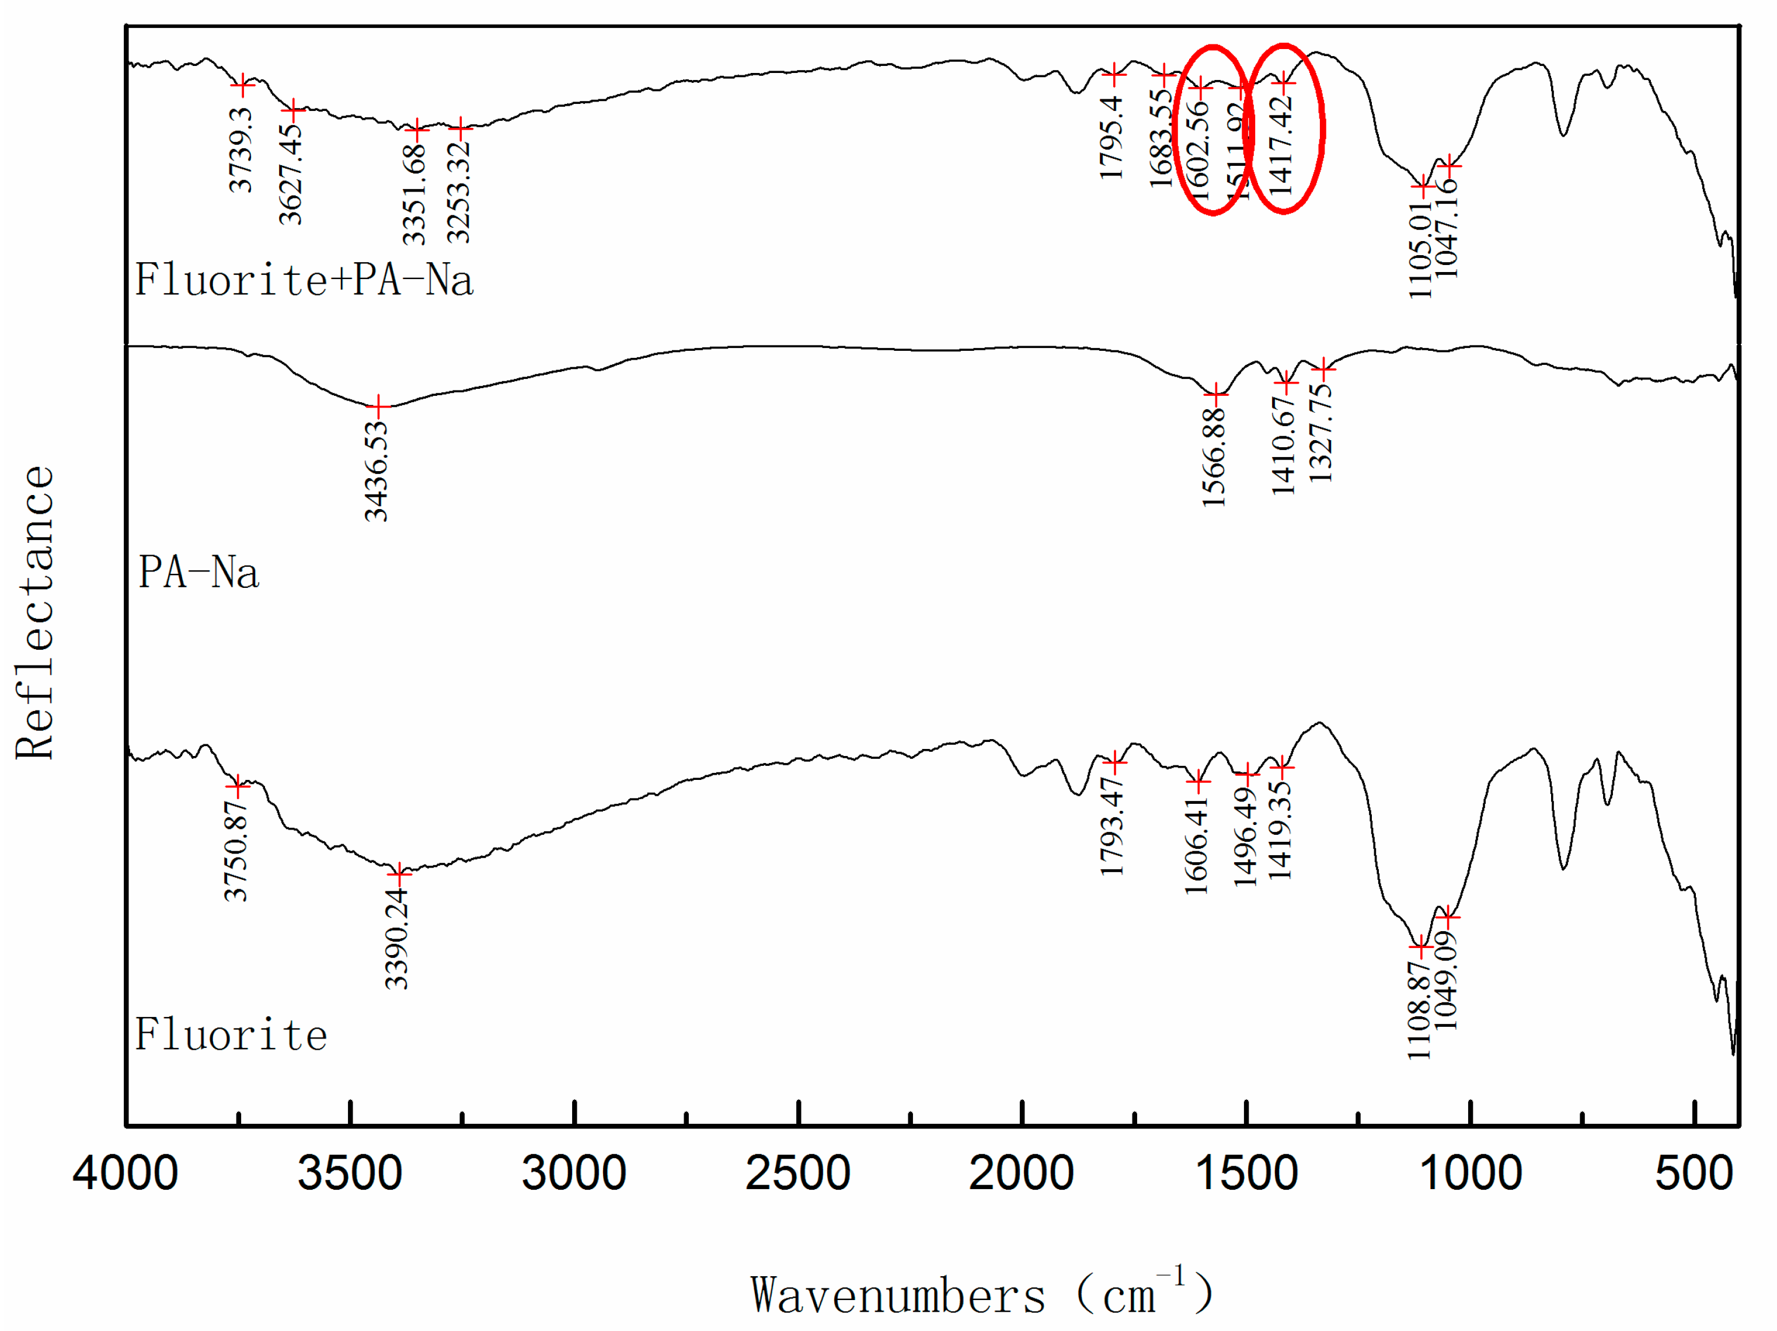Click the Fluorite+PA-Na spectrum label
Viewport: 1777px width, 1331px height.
point(304,280)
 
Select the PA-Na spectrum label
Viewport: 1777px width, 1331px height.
point(198,573)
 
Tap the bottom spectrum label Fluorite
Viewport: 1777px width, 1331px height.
point(231,1034)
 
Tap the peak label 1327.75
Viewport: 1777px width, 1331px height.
point(1320,432)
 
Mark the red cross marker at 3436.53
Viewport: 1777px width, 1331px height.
point(378,406)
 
